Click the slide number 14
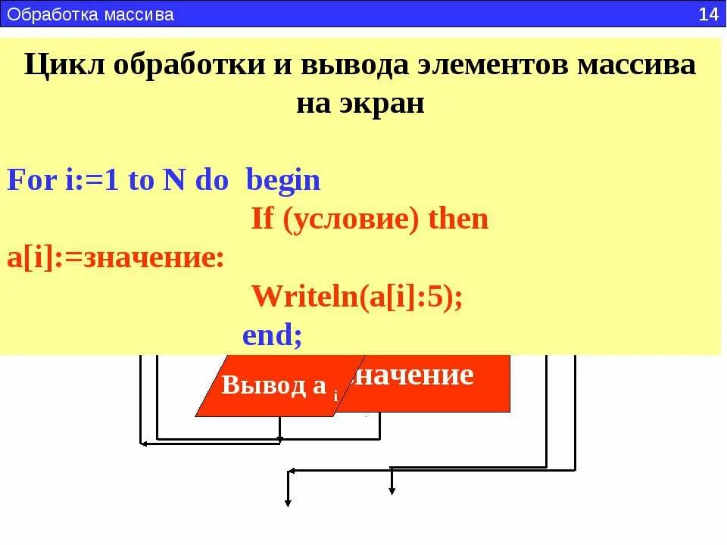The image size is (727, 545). click(708, 14)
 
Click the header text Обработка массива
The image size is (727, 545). click(91, 14)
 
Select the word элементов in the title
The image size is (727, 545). click(491, 65)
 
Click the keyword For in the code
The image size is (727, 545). click(31, 181)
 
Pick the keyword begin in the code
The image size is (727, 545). click(284, 181)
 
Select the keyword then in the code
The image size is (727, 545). click(458, 220)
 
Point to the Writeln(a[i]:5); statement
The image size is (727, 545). click(357, 296)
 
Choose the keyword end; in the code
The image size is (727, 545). click(272, 335)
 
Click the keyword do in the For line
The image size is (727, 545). click(211, 181)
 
